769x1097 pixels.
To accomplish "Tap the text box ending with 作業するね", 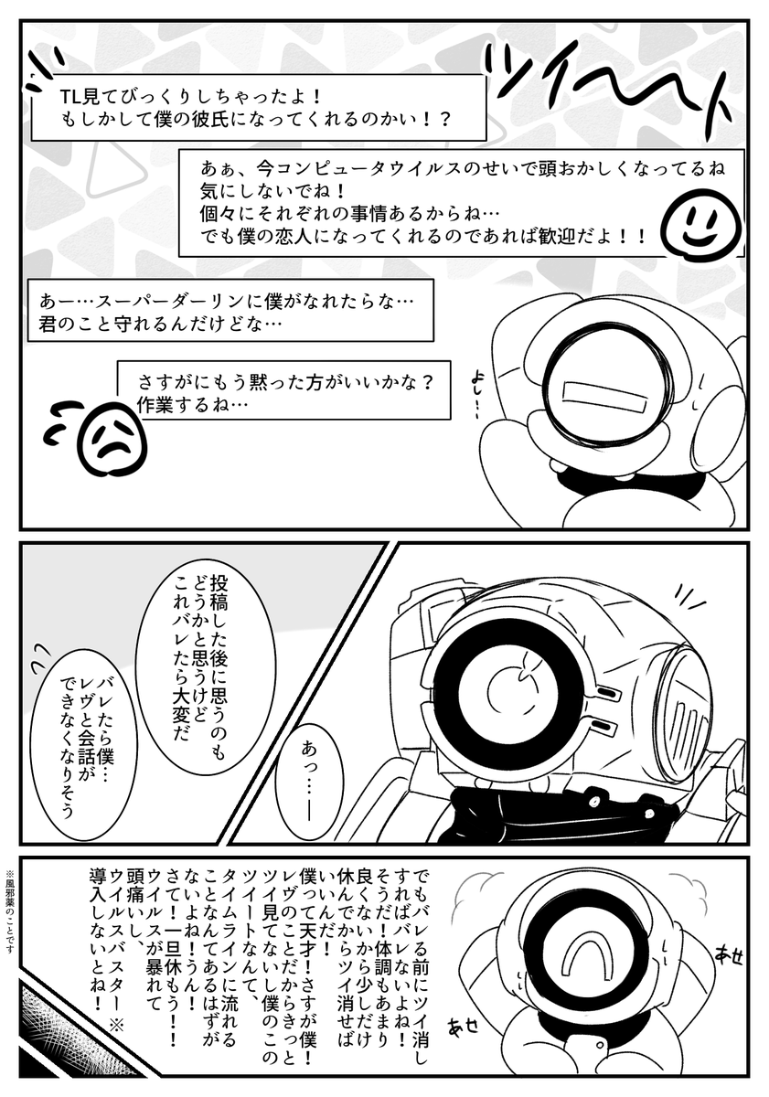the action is [284, 390].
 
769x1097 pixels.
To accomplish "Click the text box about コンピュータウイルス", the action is [457, 204].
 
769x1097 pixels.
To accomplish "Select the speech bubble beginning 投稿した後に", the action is [212, 646].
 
